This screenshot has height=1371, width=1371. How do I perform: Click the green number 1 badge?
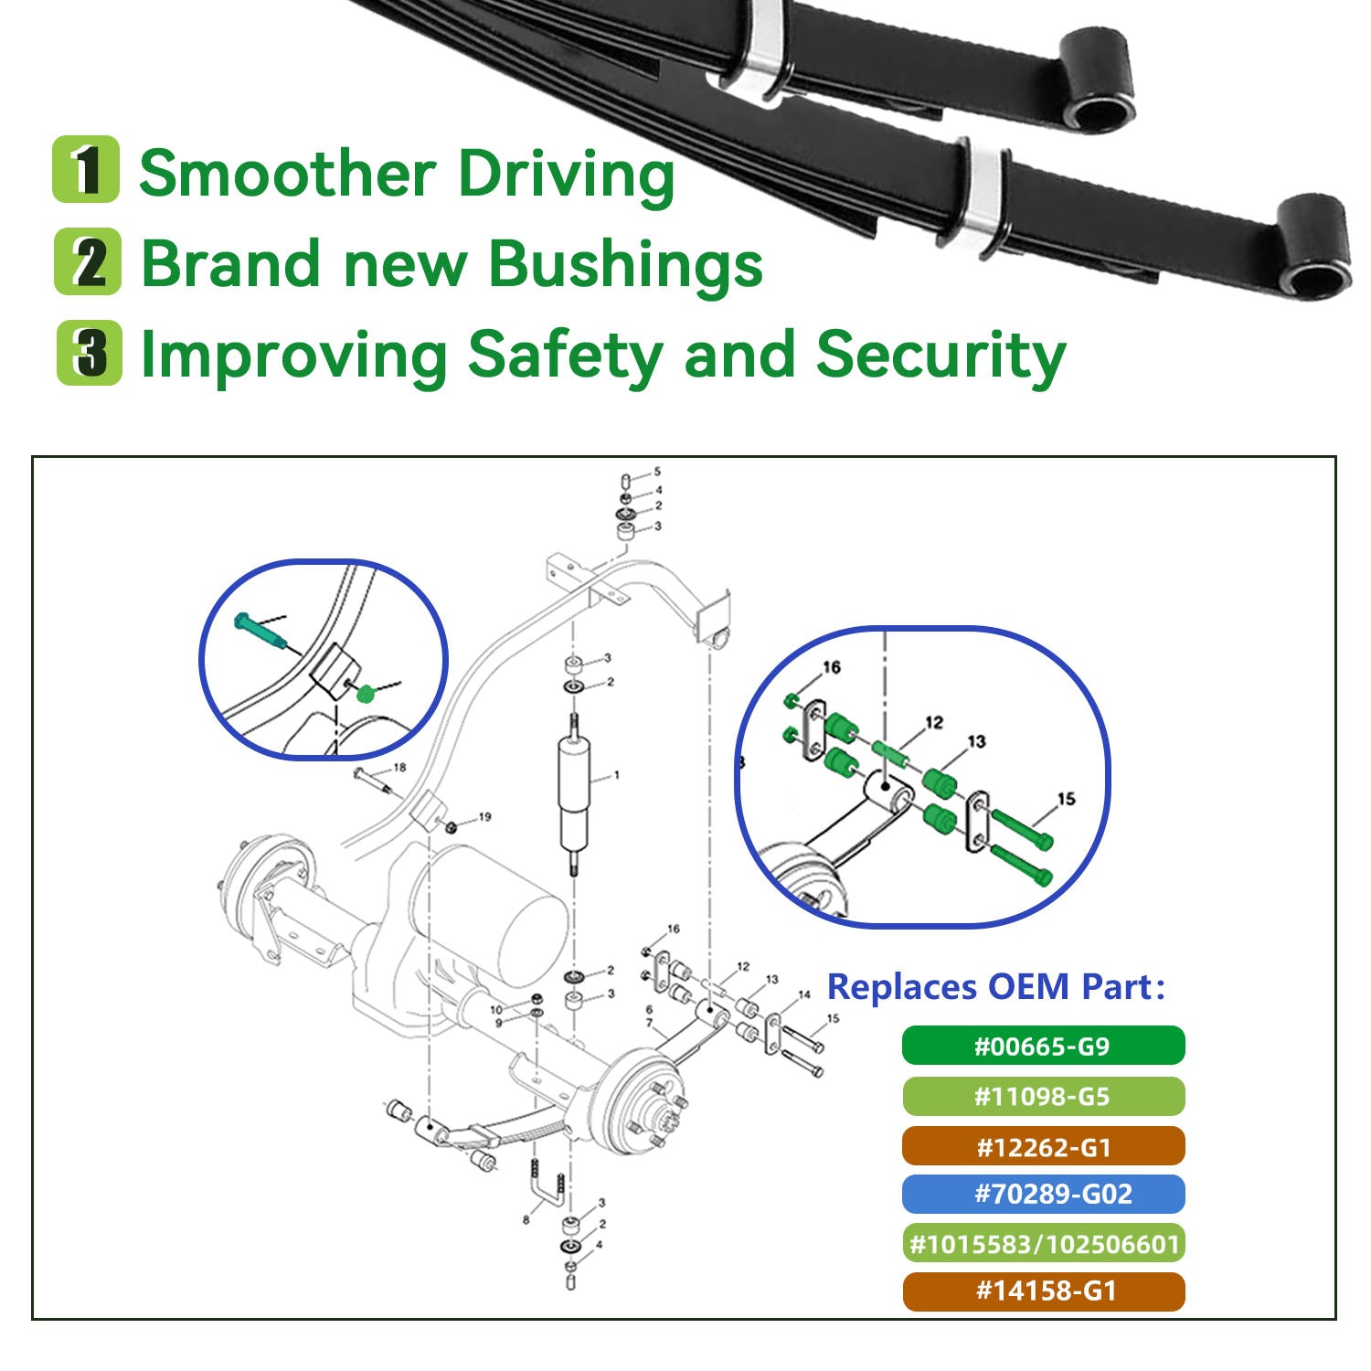coord(86,169)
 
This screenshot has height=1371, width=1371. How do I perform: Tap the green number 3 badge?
coord(89,353)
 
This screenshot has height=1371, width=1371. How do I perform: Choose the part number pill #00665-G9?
coord(1043,1046)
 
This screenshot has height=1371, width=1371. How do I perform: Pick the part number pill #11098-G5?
coord(1043,1096)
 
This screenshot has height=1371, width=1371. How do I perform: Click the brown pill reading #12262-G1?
coord(1043,1146)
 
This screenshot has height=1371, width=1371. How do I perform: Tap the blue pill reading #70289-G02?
coord(1043,1194)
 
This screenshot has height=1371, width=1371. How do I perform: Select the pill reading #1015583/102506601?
coord(1043,1243)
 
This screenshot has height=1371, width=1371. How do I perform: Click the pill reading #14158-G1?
coord(1043,1291)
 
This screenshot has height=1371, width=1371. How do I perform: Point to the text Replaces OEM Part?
coord(995,987)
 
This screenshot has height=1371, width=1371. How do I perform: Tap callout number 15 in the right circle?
coord(1066,799)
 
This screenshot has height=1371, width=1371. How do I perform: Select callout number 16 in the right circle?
coord(831,668)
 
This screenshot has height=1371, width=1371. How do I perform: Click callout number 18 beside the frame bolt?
coord(399,768)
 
